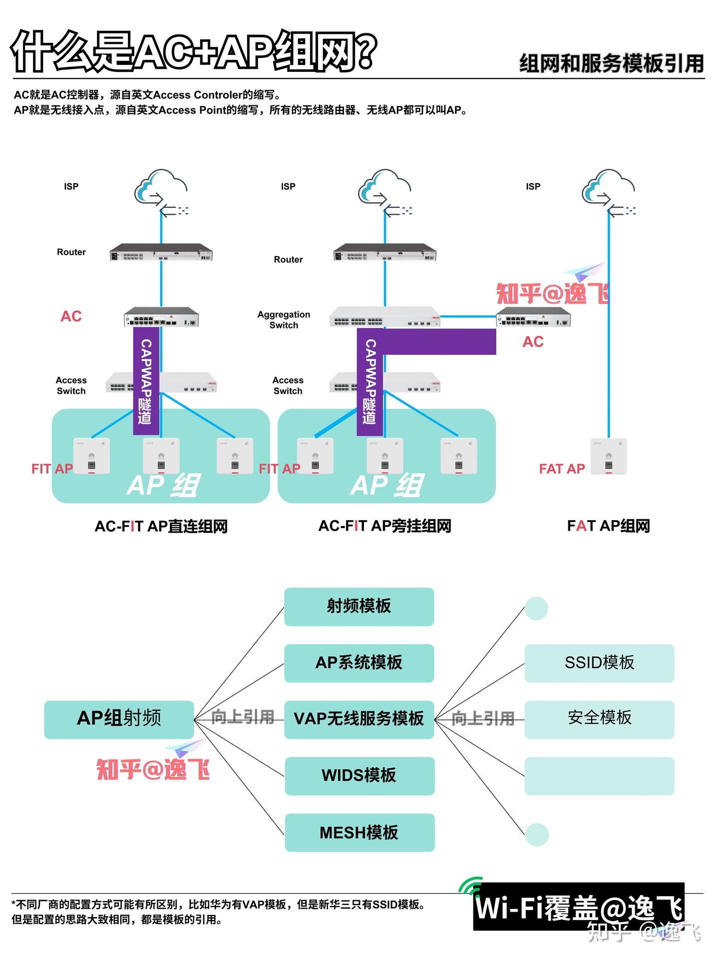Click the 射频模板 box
(359, 607)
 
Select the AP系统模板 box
(359, 663)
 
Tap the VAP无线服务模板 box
(359, 719)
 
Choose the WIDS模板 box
(359, 776)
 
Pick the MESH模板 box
(359, 832)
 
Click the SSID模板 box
(599, 663)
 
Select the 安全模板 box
(599, 719)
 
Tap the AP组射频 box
(119, 719)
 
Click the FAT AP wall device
(609, 456)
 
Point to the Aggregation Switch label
(284, 320)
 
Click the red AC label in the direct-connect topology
(71, 317)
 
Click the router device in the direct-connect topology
(161, 253)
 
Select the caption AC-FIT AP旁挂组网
(384, 526)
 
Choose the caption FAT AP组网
(608, 526)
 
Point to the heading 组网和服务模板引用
(611, 64)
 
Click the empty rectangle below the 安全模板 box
(599, 776)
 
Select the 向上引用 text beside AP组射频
(243, 717)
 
